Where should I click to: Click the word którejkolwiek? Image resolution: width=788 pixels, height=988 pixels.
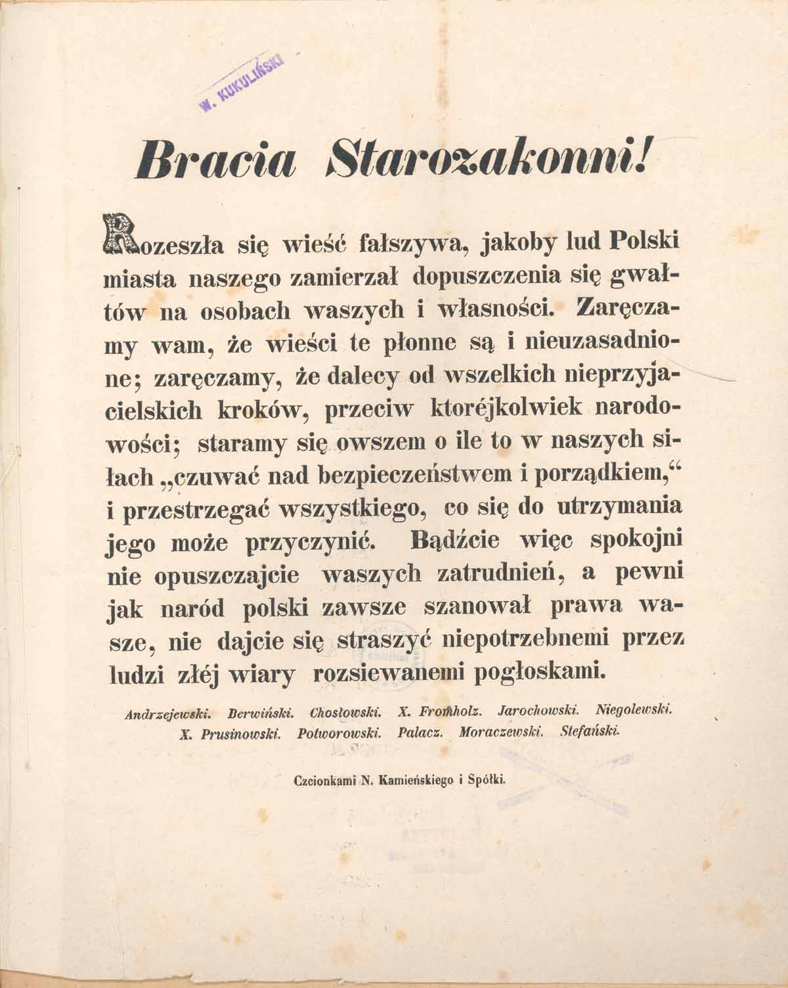505,407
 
